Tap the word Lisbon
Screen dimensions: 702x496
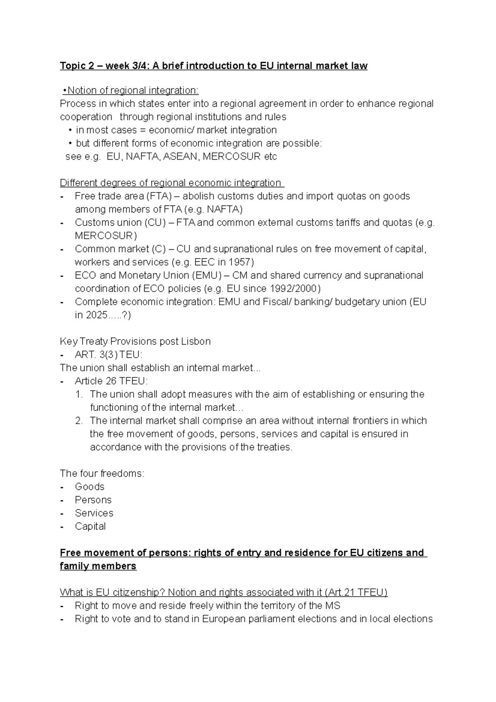click(x=196, y=341)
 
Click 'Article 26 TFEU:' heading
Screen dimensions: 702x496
click(x=111, y=381)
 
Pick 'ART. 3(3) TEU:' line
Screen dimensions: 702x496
click(x=108, y=355)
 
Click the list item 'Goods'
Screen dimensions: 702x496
click(x=89, y=487)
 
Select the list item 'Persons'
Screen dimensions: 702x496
click(x=93, y=500)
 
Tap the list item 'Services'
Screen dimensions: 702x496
click(x=94, y=513)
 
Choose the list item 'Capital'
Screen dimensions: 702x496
click(x=90, y=526)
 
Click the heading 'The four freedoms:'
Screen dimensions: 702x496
click(x=102, y=473)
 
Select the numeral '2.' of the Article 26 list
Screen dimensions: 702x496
click(x=79, y=421)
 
